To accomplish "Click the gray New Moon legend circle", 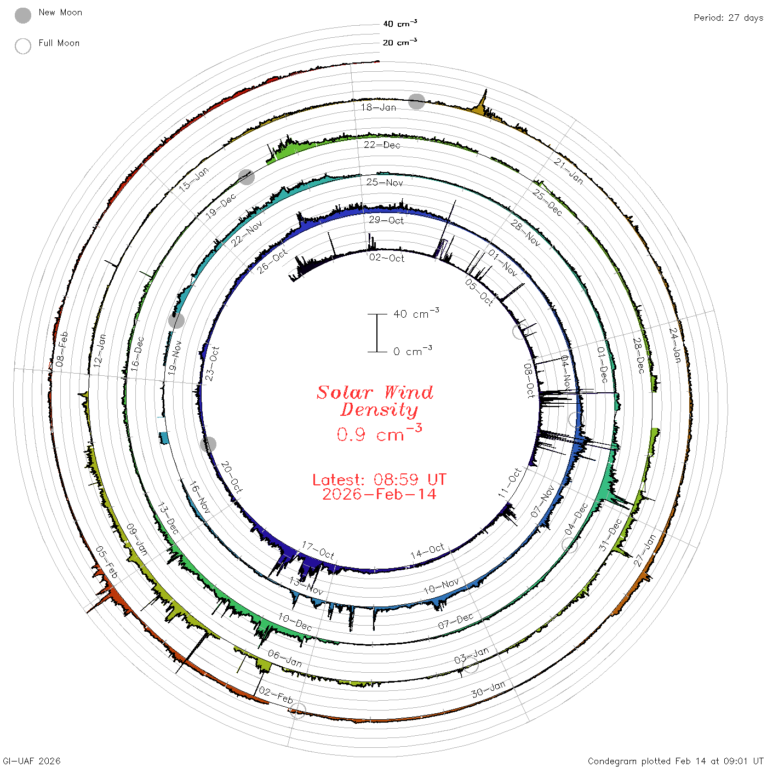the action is [x=22, y=15].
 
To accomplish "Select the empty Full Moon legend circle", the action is [x=22, y=46].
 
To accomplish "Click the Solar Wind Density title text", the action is [x=375, y=401].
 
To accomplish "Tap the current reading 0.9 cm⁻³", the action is [x=379, y=433].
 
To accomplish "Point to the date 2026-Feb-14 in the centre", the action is [x=379, y=494].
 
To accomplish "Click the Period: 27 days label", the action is [x=729, y=18].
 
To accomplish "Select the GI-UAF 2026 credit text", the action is [x=32, y=760].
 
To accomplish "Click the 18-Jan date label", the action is [x=379, y=107].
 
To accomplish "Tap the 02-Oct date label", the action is [x=386, y=258].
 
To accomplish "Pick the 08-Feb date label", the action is [x=62, y=349].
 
